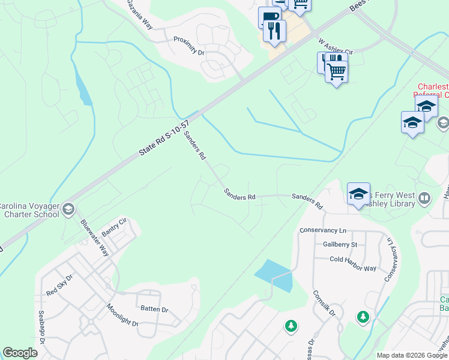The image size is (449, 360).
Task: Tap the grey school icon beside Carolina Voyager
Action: tap(68, 209)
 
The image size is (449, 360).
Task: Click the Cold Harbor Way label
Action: tap(353, 259)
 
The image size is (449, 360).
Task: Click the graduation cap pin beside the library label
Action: tap(358, 194)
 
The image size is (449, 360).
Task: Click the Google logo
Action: tap(20, 353)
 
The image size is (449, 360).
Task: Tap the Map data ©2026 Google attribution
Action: tap(411, 355)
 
